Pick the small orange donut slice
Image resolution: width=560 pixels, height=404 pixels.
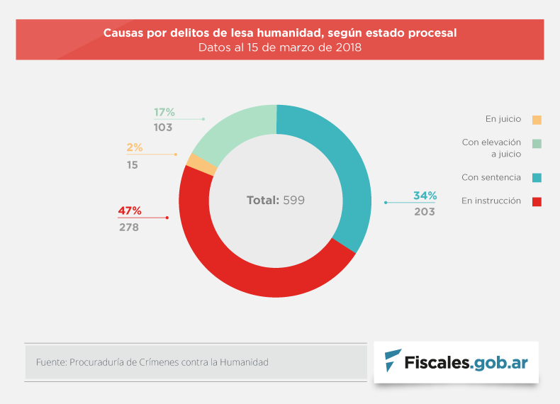[x=201, y=164]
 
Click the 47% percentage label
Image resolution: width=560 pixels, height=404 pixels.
[x=130, y=211]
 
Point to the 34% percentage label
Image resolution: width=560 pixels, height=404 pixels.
[x=425, y=196]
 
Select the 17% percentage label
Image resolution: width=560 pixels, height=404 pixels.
[x=164, y=112]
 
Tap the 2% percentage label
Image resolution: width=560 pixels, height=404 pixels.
[x=135, y=148]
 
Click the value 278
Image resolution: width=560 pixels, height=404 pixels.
[x=128, y=228]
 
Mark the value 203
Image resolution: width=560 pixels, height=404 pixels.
[x=425, y=212]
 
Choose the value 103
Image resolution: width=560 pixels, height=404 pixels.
[x=164, y=128]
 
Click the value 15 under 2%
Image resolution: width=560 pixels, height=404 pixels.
[x=133, y=164]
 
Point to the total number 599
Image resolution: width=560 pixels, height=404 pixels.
[x=293, y=201]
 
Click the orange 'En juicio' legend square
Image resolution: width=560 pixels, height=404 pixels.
[x=537, y=120]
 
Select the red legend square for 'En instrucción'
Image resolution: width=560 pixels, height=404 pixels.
[x=537, y=201]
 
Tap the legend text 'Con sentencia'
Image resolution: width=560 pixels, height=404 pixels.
[x=491, y=177]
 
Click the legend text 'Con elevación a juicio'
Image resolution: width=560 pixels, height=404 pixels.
[x=491, y=147]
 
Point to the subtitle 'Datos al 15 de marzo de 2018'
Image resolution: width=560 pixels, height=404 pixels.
[x=280, y=48]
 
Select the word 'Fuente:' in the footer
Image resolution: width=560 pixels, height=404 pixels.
[x=50, y=362]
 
